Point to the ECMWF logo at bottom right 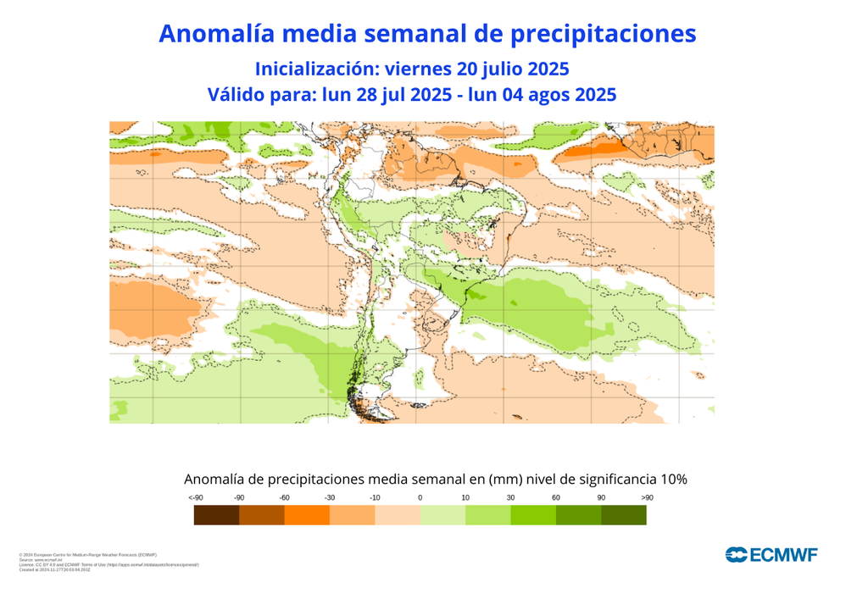pyautogui.click(x=771, y=555)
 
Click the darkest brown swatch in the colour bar pyautogui.click(x=216, y=515)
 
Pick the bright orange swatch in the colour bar pyautogui.click(x=307, y=515)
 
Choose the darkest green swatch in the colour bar pyautogui.click(x=624, y=515)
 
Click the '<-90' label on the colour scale pyautogui.click(x=196, y=497)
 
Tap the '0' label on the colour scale pyautogui.click(x=420, y=497)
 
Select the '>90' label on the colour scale pyautogui.click(x=647, y=497)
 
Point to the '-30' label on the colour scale pyautogui.click(x=330, y=497)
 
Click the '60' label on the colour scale pyautogui.click(x=556, y=497)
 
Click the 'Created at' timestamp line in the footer pyautogui.click(x=54, y=569)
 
